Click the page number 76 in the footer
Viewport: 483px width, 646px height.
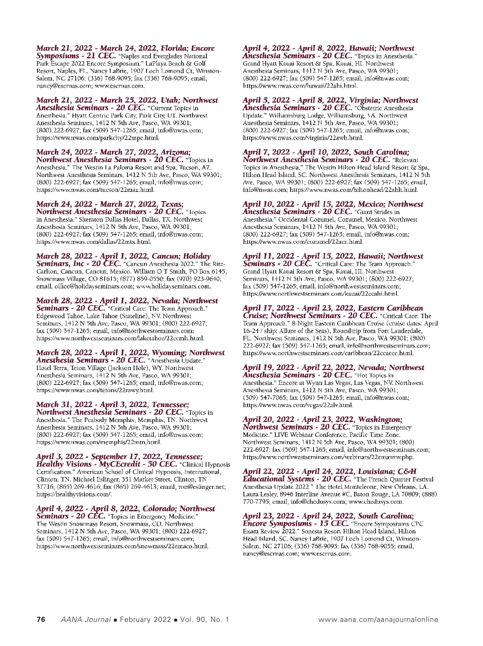point(41,619)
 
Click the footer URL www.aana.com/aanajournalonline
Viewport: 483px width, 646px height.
point(378,619)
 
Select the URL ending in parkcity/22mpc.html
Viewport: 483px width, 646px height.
point(98,138)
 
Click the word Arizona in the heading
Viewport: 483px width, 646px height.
point(175,152)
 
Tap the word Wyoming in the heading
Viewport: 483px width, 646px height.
point(167,353)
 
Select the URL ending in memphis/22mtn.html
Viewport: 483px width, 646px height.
point(99,442)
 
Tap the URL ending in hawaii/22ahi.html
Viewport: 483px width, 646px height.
point(300,86)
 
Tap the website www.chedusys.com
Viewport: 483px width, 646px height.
point(376,502)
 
